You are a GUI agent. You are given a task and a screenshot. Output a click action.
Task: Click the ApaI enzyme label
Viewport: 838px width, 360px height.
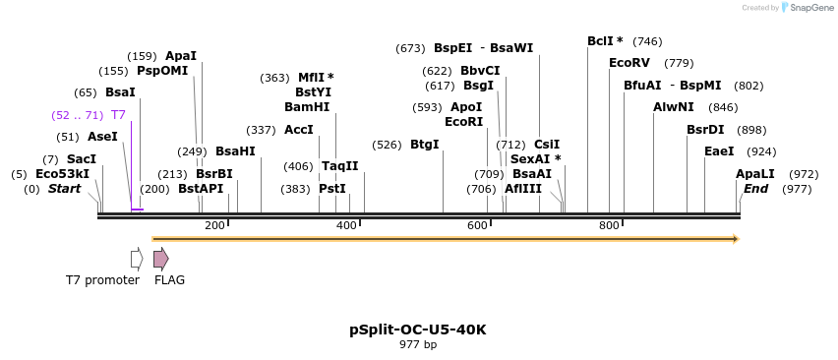coord(181,56)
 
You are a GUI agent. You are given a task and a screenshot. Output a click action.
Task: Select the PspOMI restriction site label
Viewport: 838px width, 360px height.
coord(162,71)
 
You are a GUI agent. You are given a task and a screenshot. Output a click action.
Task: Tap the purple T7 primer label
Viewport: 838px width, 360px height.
coord(118,115)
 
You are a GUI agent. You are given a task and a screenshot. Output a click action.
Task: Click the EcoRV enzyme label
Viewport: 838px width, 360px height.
coord(629,63)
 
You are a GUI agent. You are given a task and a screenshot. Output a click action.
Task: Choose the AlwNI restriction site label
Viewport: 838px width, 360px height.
coord(674,107)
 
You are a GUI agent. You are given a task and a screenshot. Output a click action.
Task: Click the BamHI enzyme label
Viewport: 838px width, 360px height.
coord(307,107)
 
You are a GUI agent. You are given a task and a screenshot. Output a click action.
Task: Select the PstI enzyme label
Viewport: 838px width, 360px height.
coord(332,189)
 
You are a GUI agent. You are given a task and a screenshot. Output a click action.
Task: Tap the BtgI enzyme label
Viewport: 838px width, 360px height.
coord(425,145)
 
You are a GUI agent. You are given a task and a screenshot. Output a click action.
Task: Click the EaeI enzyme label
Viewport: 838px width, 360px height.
coord(719,151)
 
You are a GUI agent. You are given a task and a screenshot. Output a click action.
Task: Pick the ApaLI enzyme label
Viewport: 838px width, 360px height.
coord(755,174)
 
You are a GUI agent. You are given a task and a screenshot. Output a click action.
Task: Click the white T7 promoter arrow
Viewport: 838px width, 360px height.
coord(137,259)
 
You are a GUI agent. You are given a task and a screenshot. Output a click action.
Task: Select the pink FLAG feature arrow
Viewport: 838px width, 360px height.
coord(160,259)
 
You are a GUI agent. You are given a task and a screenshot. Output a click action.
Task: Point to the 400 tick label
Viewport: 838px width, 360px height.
coord(346,226)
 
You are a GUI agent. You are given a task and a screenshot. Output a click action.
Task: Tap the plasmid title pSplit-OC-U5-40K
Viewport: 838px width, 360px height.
coord(418,330)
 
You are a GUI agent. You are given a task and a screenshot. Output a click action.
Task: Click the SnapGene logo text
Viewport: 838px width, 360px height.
coord(810,8)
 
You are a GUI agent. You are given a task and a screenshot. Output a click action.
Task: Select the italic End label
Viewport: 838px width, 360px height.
coord(755,189)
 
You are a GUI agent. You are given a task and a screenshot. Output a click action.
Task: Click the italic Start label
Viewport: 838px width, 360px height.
coord(65,189)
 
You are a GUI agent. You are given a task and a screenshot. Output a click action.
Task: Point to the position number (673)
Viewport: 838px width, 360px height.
coord(410,48)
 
